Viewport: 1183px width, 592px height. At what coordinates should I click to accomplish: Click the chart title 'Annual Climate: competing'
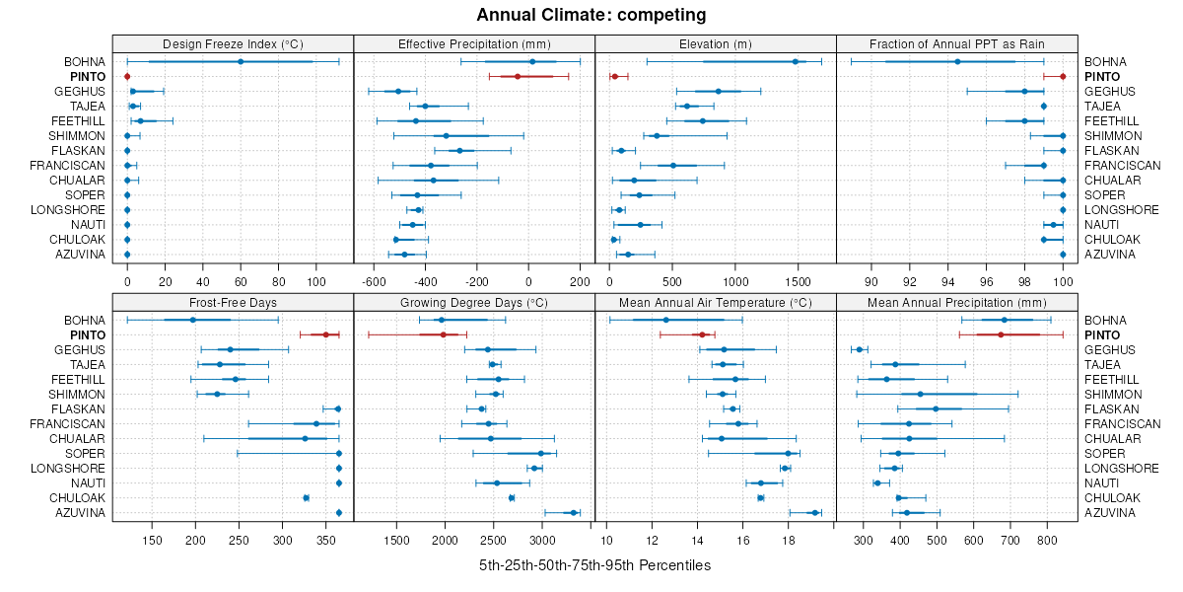(x=591, y=15)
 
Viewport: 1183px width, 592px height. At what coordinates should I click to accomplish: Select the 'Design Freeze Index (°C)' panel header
(x=233, y=43)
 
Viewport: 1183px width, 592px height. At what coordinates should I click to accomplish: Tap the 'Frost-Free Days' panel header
(x=233, y=301)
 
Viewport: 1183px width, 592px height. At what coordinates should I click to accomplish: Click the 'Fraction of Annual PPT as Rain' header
(x=956, y=43)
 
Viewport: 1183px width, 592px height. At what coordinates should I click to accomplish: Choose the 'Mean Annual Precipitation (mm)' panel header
(x=956, y=301)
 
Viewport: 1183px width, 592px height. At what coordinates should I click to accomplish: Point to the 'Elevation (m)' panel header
(x=715, y=43)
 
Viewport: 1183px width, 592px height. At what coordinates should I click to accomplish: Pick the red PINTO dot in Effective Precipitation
(x=518, y=76)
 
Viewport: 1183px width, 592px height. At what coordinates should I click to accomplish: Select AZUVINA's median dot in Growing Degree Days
(x=573, y=512)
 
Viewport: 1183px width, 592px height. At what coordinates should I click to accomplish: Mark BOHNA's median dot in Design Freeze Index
(x=241, y=61)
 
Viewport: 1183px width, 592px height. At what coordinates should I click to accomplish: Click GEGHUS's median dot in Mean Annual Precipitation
(x=860, y=349)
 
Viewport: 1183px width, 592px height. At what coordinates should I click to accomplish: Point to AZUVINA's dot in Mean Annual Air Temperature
(x=814, y=512)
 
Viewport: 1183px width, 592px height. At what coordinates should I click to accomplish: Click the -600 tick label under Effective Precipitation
(x=375, y=281)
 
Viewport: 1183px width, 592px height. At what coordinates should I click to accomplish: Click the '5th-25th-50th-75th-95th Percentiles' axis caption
(x=594, y=565)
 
